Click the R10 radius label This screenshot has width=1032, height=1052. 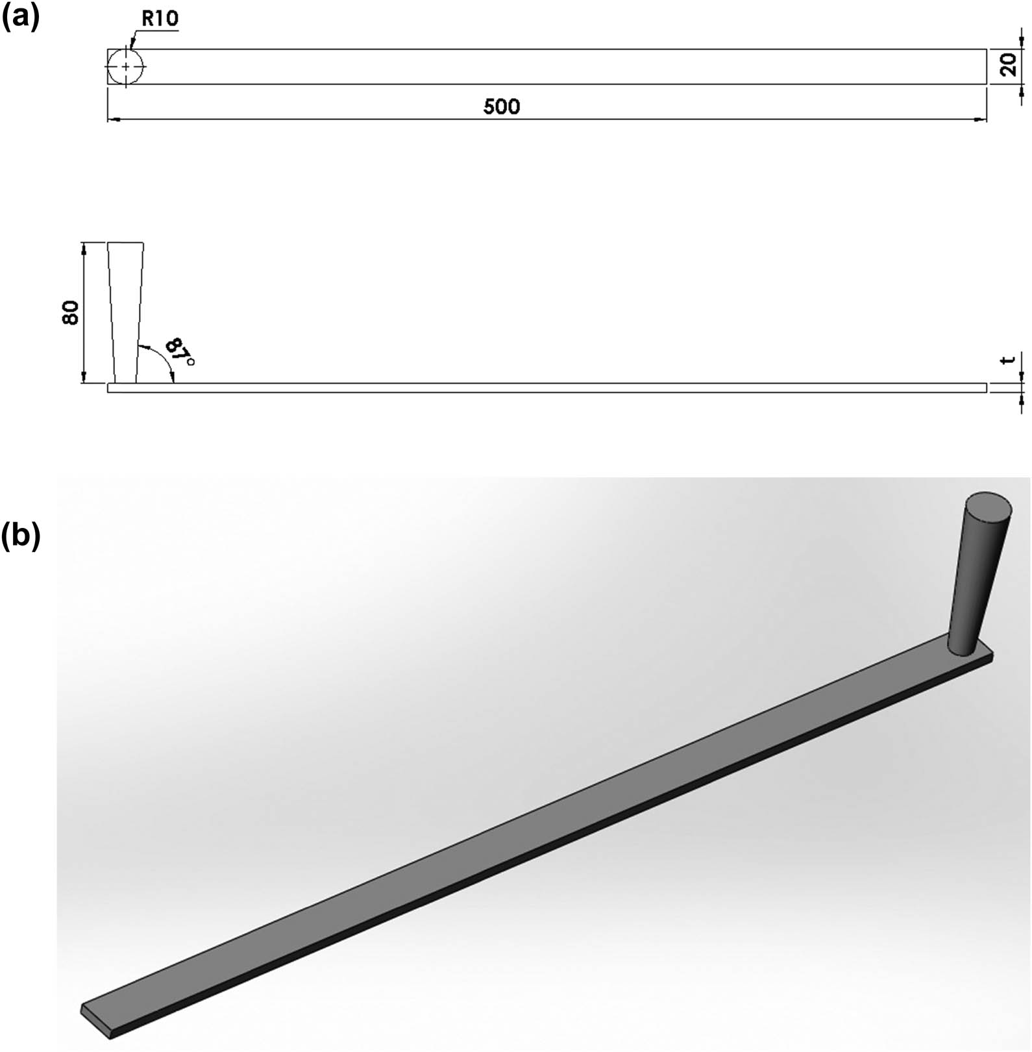[159, 19]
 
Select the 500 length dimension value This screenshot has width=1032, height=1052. [502, 106]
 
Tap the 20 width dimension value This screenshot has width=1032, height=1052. [1008, 66]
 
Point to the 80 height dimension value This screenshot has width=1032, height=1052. [71, 313]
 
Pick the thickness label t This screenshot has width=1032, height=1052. [1008, 359]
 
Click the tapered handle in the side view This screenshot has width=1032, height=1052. [125, 312]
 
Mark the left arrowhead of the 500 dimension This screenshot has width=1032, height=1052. [112, 119]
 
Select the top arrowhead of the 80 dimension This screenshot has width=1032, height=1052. [84, 247]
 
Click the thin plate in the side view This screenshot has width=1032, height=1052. [545, 388]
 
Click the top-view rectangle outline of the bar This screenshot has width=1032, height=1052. [545, 49]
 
